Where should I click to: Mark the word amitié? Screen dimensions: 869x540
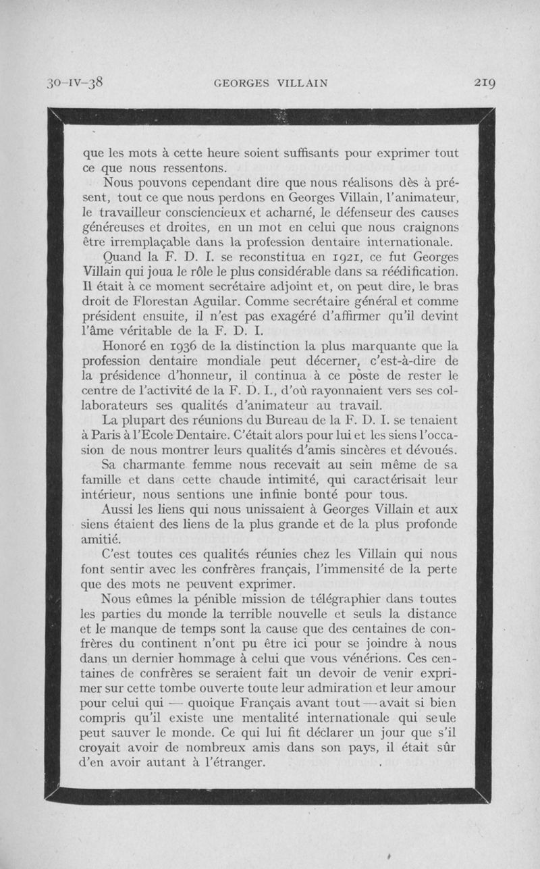[x=101, y=539]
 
